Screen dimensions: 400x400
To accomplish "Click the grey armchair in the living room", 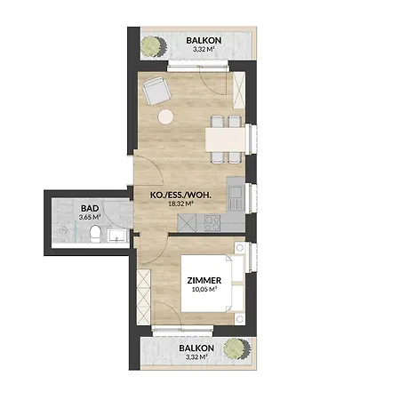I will [x=157, y=90].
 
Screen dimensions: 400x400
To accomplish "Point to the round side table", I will [x=166, y=116].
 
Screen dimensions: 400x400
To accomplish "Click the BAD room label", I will [x=88, y=206].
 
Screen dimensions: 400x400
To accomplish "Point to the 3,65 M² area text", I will [x=89, y=216].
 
